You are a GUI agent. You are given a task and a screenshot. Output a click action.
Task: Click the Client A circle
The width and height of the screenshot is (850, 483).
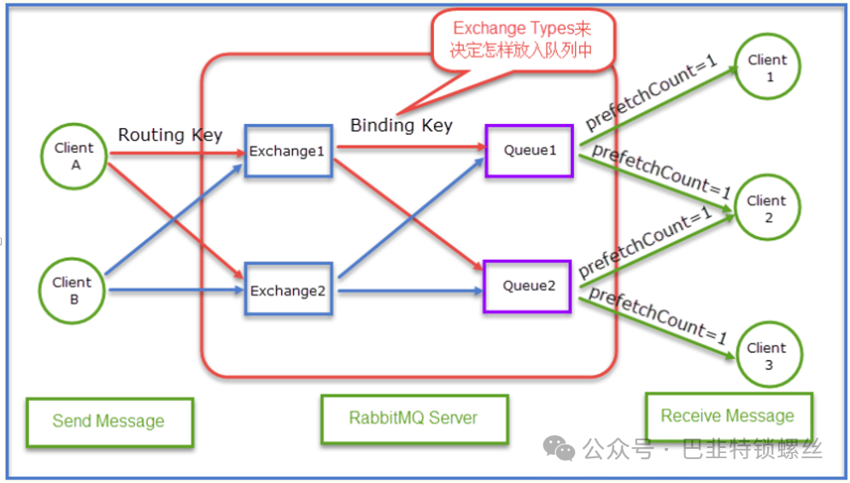point(75,155)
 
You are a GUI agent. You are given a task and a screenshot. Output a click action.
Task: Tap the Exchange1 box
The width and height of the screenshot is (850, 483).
point(288,151)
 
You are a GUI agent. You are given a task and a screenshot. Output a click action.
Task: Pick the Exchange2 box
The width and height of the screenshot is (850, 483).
point(288,291)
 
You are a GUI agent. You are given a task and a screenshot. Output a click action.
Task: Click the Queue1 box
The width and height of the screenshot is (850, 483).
point(529,150)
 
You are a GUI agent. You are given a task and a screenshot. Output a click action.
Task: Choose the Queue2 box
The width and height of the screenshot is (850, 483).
point(528,286)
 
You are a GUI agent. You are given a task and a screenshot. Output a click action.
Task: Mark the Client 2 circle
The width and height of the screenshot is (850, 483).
point(766,209)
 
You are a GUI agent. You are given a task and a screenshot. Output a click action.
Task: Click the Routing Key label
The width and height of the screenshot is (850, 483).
point(170,134)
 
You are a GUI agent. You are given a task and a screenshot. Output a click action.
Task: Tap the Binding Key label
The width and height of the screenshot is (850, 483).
point(402,126)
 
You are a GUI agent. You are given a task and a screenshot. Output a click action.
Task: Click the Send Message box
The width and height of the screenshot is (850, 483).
point(108,421)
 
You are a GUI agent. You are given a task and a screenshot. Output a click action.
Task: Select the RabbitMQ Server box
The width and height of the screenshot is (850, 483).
point(413,419)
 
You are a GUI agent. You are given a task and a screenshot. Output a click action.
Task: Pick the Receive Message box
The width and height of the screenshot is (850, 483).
point(728,416)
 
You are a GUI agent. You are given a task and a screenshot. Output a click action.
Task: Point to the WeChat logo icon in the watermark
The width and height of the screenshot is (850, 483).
point(560,447)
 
